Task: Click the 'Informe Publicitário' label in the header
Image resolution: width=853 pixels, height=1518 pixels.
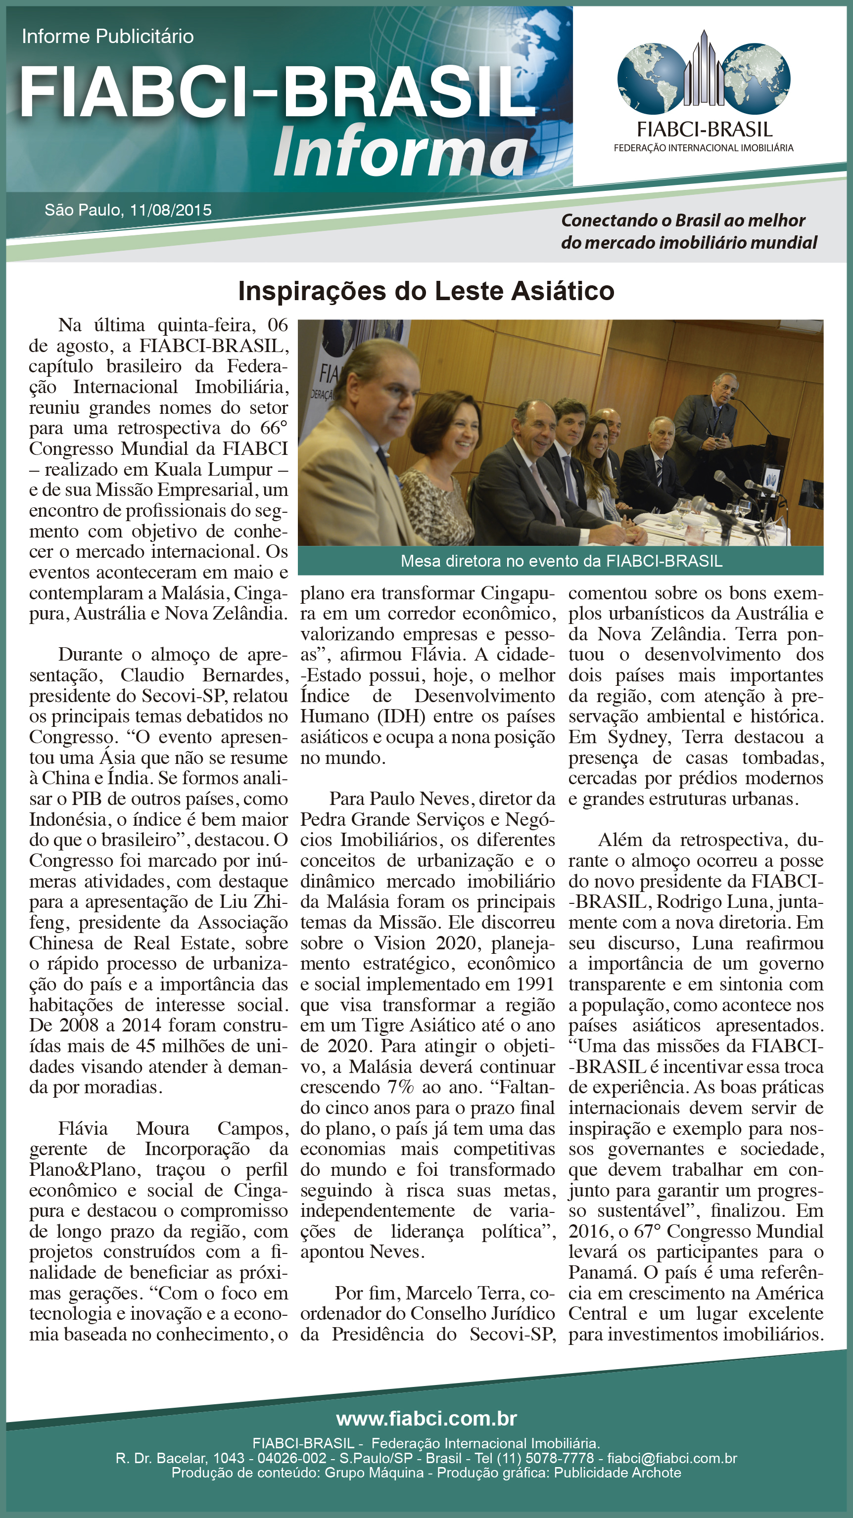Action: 108,37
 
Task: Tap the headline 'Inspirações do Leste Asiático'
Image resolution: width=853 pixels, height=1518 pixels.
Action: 426,291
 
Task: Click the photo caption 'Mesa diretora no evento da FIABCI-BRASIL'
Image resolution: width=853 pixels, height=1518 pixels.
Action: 561,561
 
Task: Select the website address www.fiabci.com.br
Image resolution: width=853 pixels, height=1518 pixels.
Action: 426,1419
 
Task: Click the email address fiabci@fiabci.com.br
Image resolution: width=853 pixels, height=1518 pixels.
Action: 672,1458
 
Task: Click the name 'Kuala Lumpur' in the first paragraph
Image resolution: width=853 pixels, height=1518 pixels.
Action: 214,470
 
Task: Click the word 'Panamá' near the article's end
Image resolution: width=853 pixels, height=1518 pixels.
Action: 603,1273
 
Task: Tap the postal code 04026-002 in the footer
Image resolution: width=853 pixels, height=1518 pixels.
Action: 292,1458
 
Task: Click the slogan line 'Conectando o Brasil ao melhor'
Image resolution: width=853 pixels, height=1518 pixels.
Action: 683,221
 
